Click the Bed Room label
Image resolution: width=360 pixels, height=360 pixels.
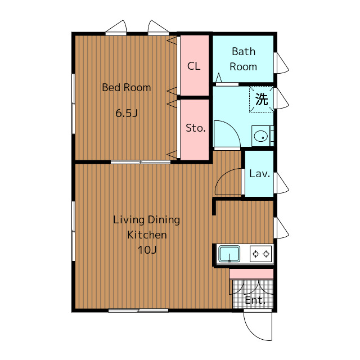pos(126,88)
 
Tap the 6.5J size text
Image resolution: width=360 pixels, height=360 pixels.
pos(127,113)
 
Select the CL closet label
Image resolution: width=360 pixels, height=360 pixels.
pos(193,66)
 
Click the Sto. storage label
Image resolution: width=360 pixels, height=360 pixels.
pos(195,128)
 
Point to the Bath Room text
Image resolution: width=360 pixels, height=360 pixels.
pos(244,59)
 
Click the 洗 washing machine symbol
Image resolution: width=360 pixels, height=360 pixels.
pos(262,99)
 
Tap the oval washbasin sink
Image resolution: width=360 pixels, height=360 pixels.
pos(261,136)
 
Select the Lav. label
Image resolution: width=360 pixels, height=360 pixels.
pos(259,174)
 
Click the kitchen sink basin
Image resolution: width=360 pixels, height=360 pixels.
pos(229,254)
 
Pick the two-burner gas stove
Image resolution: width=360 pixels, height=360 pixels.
pos(261,254)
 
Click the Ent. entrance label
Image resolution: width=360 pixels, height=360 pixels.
pos(255,300)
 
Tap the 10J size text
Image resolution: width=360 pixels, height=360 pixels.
pos(147,250)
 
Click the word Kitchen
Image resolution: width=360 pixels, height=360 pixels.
pos(147,235)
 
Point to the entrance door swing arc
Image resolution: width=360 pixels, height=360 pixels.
pos(253,332)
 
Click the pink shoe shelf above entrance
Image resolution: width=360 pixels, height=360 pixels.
pos(251,274)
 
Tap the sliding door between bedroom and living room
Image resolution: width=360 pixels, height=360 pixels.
pos(141,162)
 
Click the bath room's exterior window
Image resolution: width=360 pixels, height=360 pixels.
pos(275,63)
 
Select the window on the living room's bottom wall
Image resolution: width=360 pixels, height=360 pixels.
pos(138,310)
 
